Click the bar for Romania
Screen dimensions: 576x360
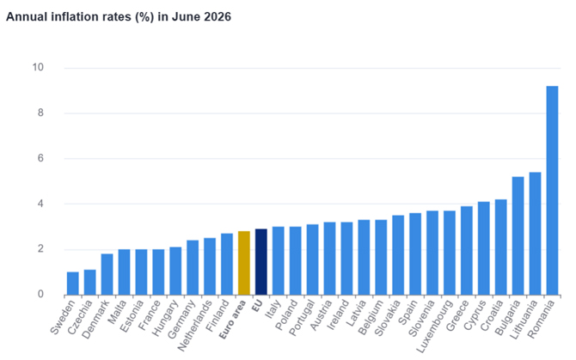point(552,190)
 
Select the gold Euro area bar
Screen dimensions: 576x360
point(244,263)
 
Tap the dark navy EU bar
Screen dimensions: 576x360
point(261,262)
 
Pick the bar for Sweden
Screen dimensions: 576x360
point(73,284)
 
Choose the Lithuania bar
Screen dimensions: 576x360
point(535,234)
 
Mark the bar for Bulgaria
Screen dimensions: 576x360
point(518,235)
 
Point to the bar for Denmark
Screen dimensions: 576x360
point(107,274)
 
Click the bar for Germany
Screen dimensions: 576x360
point(193,267)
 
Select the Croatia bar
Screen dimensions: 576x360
point(500,247)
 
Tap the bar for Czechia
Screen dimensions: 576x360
point(90,282)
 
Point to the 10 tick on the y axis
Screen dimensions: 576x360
point(38,67)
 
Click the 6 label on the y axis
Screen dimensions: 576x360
point(40,158)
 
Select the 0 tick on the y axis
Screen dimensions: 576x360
point(40,294)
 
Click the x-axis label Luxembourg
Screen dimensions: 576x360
point(434,326)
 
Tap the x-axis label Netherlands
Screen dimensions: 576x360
point(194,326)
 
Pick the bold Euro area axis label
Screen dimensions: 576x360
point(232,319)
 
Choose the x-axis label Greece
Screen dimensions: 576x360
point(457,315)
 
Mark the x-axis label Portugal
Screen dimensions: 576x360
point(302,318)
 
